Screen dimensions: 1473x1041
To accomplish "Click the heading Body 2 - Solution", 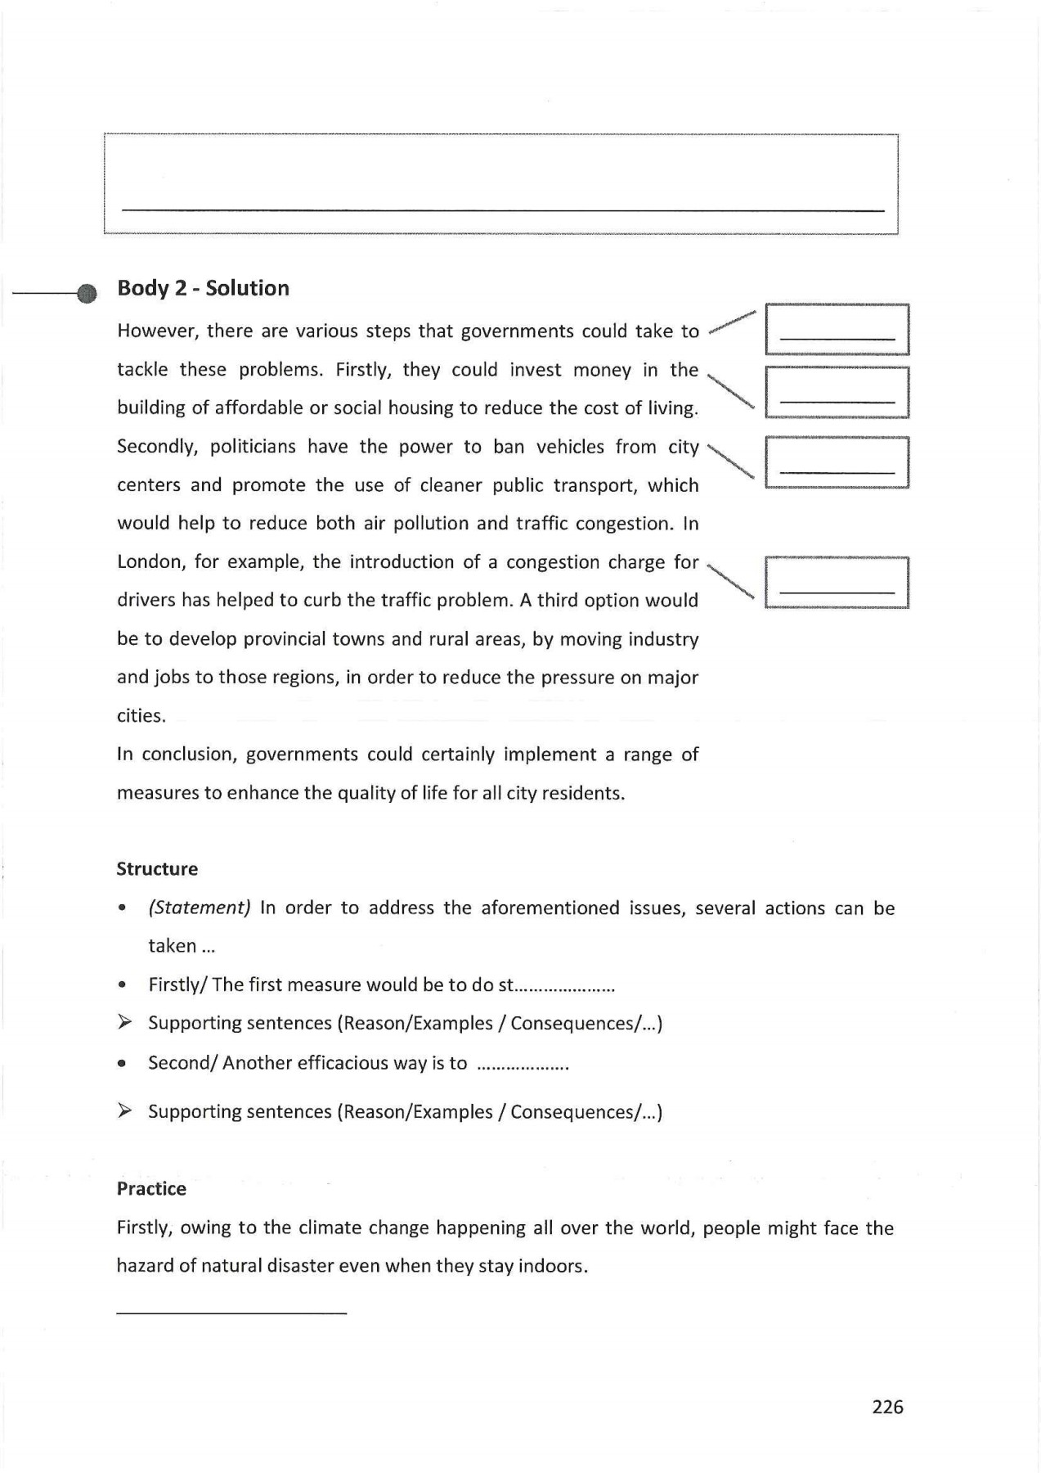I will [x=203, y=288].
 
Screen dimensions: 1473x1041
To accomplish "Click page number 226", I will [x=887, y=1407].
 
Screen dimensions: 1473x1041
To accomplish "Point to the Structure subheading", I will [x=157, y=869].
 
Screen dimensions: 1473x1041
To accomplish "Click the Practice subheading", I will [x=151, y=1188].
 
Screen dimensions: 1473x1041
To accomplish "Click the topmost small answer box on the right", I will [x=837, y=329].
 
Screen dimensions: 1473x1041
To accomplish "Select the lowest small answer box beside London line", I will [x=837, y=583].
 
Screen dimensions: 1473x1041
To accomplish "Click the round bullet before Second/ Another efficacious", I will [x=121, y=1065].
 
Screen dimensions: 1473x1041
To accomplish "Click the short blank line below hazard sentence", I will [x=231, y=1313].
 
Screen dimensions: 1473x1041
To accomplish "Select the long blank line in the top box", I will [x=503, y=211].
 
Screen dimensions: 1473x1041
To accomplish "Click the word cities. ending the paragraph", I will [x=141, y=716].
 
